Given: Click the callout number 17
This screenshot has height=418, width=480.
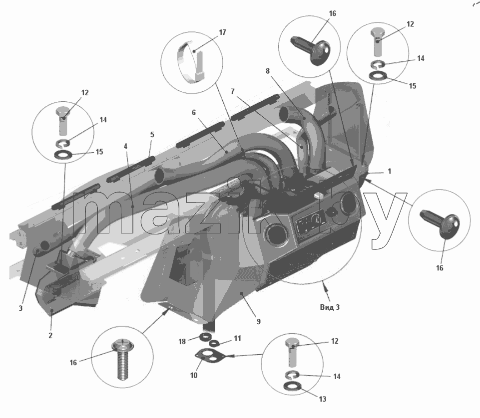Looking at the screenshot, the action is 223,32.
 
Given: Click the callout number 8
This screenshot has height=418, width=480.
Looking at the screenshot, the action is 268,71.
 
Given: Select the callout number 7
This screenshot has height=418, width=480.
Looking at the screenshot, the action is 233,91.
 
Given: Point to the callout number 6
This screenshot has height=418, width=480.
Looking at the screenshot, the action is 194,113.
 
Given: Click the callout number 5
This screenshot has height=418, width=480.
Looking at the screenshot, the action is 152,135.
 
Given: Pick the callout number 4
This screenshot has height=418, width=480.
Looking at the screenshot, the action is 125,146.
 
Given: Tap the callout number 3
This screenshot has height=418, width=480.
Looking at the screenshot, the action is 21,308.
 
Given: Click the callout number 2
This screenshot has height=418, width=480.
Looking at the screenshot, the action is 50,335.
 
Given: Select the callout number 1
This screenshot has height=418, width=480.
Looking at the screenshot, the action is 390,171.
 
